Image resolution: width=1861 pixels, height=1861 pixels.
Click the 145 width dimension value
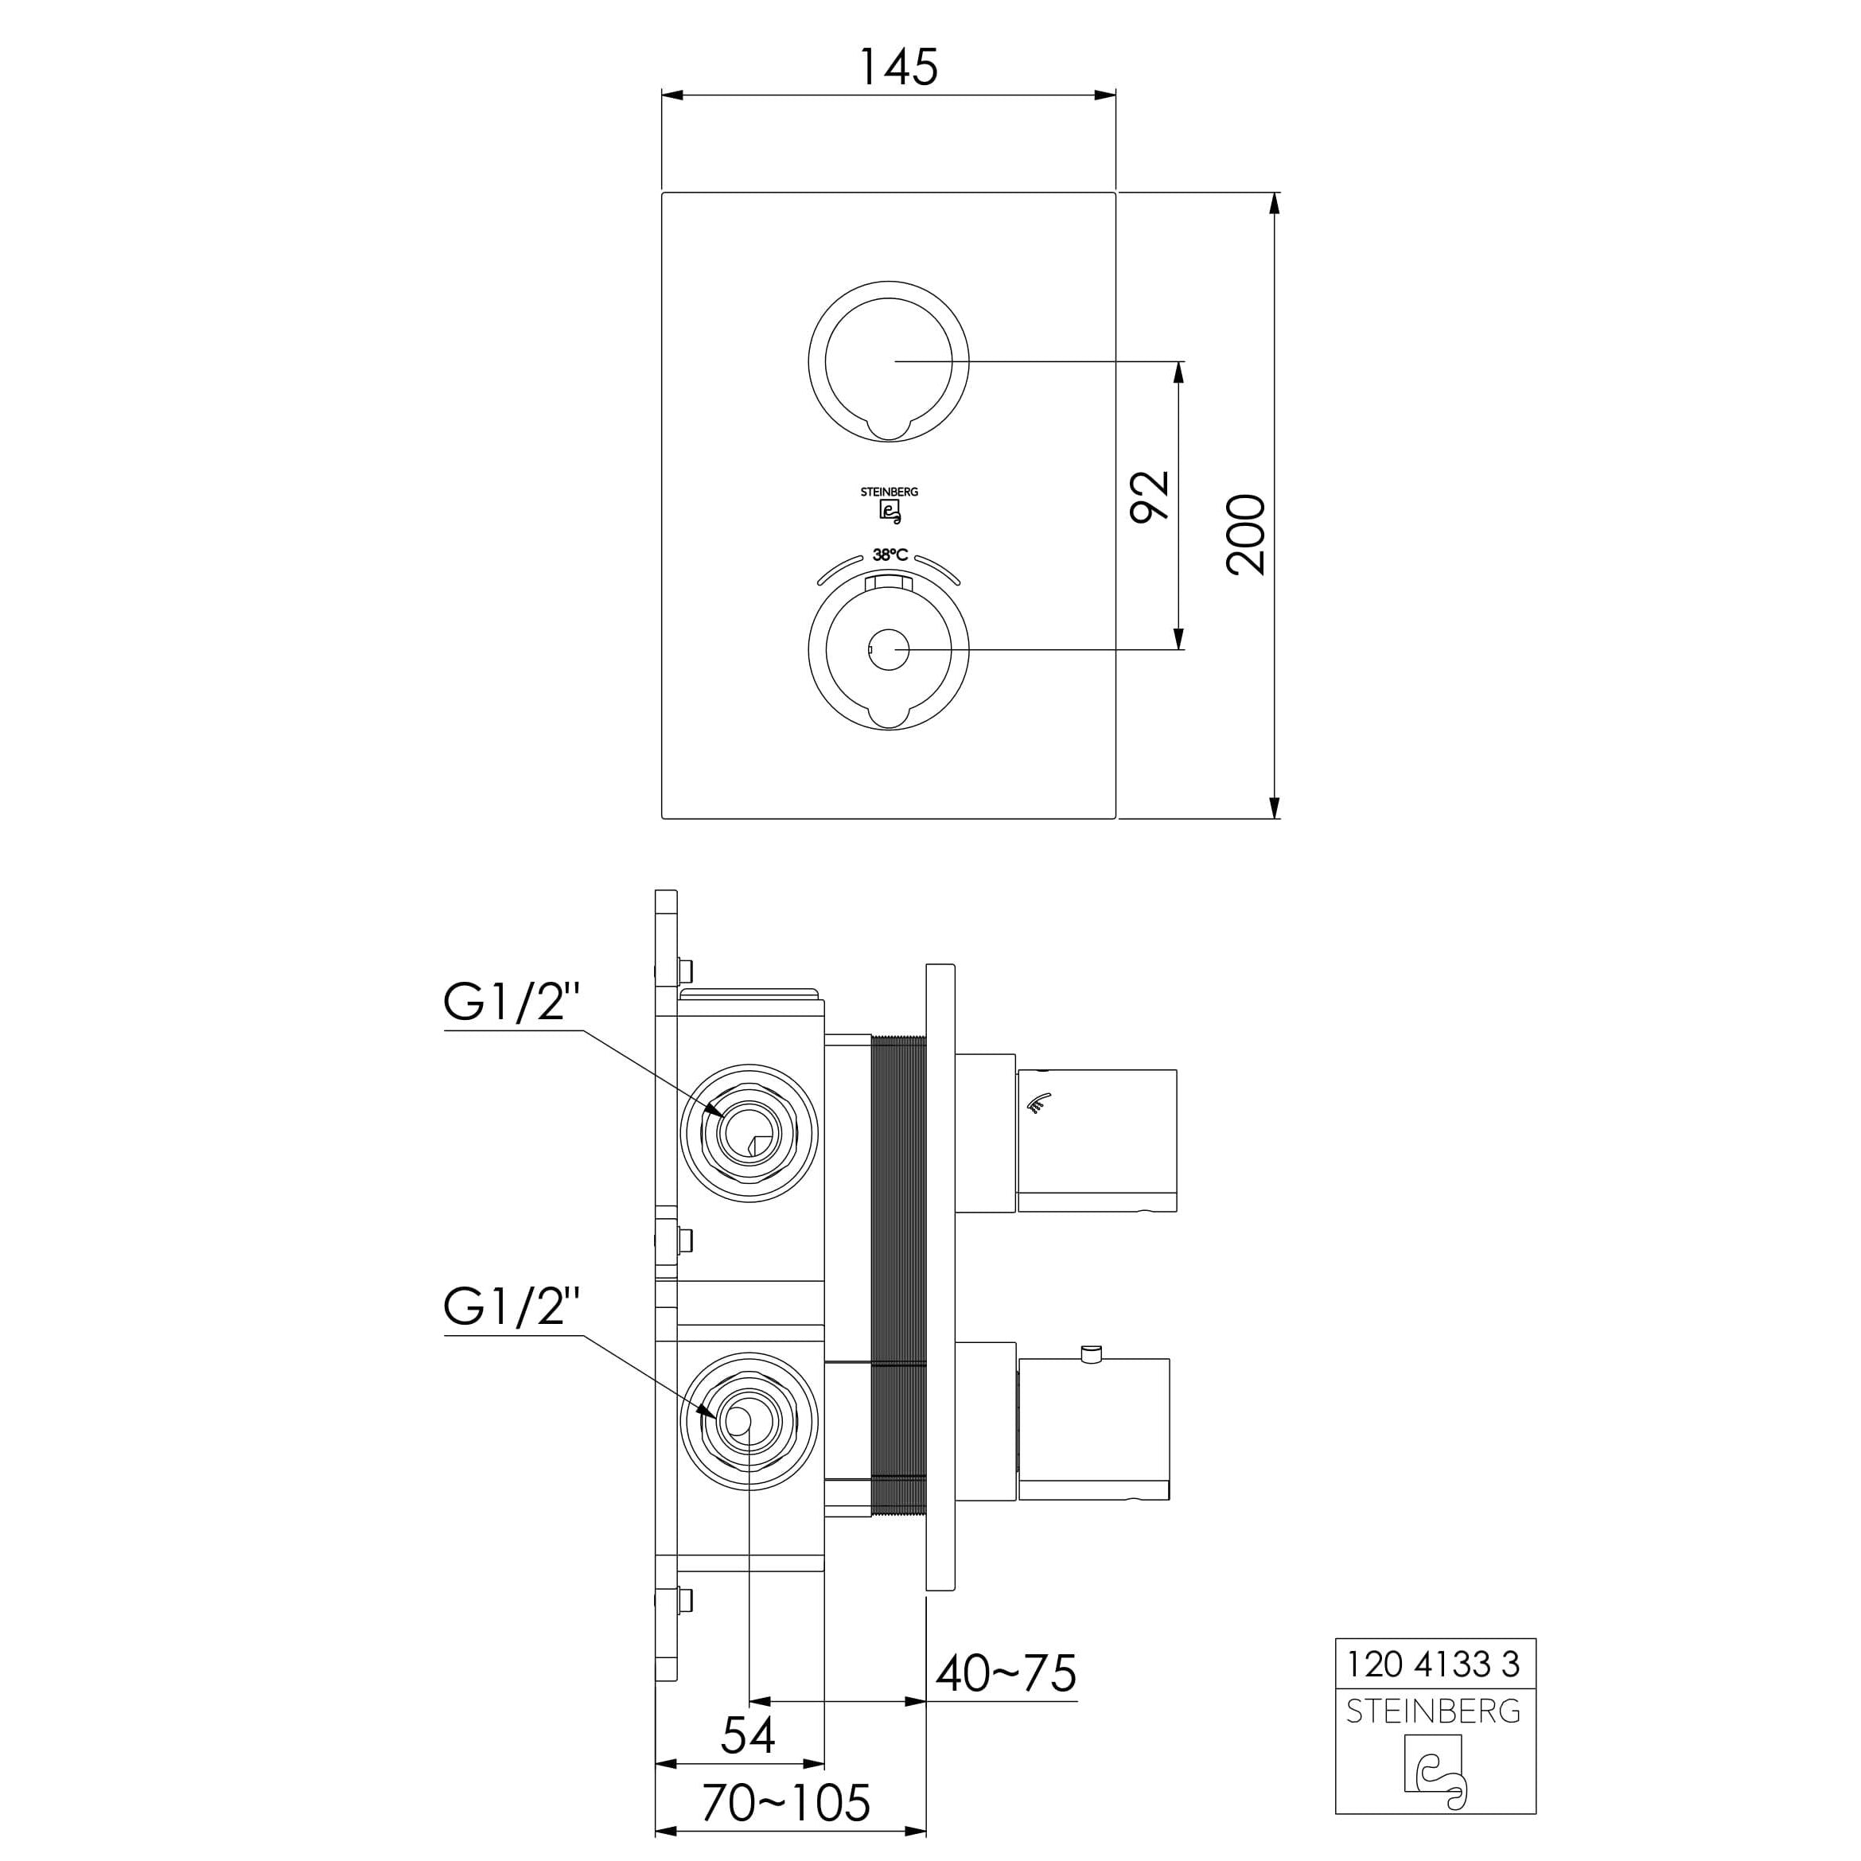(x=897, y=67)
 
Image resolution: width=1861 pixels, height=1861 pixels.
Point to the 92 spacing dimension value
(x=1150, y=496)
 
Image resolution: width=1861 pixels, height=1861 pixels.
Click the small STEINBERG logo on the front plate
(x=889, y=504)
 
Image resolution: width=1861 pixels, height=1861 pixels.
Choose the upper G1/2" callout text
(x=512, y=1002)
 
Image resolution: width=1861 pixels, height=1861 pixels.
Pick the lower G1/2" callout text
(x=512, y=1305)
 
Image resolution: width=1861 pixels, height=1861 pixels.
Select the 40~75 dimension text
(x=1006, y=1673)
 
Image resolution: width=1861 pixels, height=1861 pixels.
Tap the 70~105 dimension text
(x=786, y=1802)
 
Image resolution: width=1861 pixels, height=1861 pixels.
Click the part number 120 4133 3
(x=1433, y=1664)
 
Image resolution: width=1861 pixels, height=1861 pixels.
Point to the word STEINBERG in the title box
(x=1433, y=1711)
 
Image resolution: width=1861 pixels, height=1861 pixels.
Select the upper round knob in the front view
(x=889, y=361)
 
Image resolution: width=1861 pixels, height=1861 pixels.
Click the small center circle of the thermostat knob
(x=888, y=650)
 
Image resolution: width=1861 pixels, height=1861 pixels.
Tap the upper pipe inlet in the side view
(x=749, y=1133)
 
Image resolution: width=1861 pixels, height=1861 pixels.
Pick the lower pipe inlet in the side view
(x=749, y=1422)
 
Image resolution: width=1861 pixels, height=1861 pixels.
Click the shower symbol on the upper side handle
(x=1038, y=1103)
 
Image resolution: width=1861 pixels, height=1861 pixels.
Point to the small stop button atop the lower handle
(x=1092, y=1353)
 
